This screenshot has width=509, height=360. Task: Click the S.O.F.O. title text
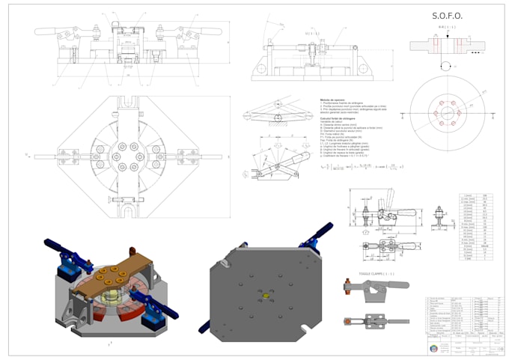(x=447, y=16)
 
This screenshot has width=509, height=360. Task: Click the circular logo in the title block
(x=436, y=349)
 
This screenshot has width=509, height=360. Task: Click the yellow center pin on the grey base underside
(x=264, y=296)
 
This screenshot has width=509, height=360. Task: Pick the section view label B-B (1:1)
(x=447, y=27)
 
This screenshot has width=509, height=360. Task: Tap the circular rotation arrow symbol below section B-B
(x=447, y=66)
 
